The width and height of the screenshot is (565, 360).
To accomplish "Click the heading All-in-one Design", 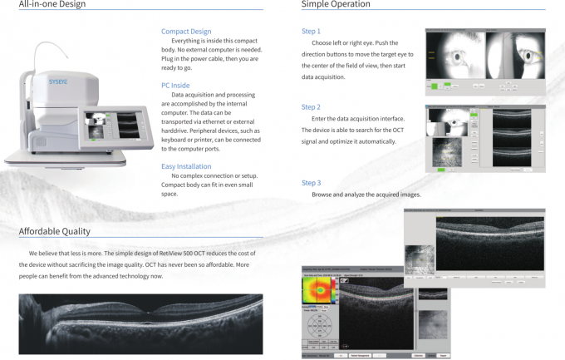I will tap(52, 4).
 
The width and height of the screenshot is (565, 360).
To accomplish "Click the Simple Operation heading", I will tap(336, 4).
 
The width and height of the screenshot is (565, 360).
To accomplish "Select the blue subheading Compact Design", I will tap(186, 32).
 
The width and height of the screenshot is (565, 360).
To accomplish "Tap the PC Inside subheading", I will tap(176, 85).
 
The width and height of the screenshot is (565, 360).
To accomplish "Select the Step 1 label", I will tap(311, 32).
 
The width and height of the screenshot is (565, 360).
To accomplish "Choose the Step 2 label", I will tap(311, 107).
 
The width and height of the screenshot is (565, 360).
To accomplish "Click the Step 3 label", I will tap(311, 182).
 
